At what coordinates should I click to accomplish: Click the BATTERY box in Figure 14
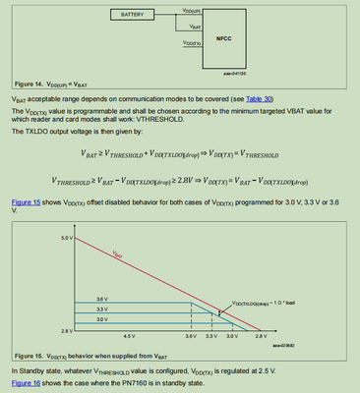click(x=132, y=16)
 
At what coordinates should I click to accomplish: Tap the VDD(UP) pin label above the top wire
click(x=193, y=7)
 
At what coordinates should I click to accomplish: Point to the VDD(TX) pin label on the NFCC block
click(x=193, y=43)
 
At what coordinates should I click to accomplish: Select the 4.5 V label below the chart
click(x=100, y=337)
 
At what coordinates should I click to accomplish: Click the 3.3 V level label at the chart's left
click(x=102, y=309)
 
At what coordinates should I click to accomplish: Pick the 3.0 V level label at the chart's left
click(x=102, y=319)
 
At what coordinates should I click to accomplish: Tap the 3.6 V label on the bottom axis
click(x=192, y=337)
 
